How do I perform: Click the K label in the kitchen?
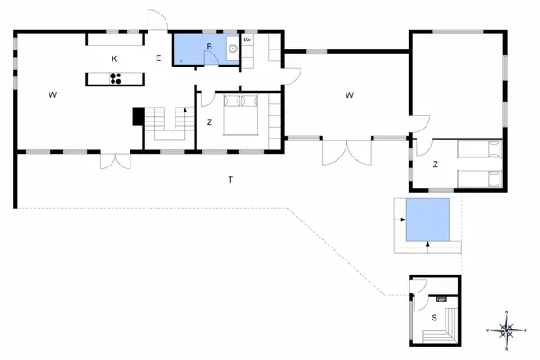[x=114, y=58]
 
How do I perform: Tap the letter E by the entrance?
[x=157, y=58]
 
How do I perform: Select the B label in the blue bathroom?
[x=209, y=46]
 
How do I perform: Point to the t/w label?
[x=247, y=40]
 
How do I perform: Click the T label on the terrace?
[x=230, y=181]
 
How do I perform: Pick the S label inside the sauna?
[x=434, y=318]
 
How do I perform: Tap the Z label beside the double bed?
[x=209, y=121]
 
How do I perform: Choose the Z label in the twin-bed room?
[x=435, y=165]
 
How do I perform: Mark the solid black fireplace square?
[x=138, y=117]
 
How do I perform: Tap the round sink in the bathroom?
[x=232, y=50]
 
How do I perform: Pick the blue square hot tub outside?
[x=427, y=221]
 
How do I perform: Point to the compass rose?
[x=507, y=330]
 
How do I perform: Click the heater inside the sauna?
[x=440, y=299]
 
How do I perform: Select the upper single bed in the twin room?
[x=478, y=148]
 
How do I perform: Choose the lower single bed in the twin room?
[x=478, y=177]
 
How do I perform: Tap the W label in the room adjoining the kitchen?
[x=53, y=94]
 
